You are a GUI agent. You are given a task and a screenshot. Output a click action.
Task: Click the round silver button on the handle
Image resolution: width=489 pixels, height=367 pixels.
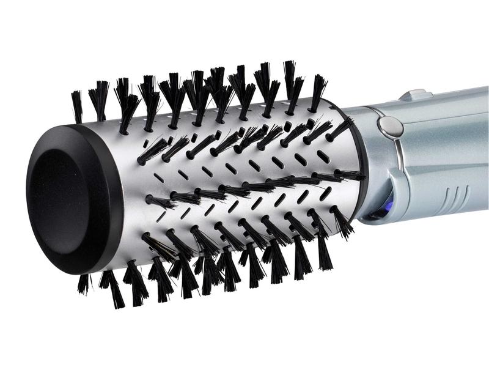point(390,127)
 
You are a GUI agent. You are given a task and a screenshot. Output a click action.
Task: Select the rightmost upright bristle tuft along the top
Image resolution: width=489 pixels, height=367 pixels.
point(318,92)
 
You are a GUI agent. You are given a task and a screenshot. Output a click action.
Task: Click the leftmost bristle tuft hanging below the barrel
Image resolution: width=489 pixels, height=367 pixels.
point(83,283)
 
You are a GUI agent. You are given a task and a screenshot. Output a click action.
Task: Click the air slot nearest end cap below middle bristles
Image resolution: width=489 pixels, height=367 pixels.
point(161,216)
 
